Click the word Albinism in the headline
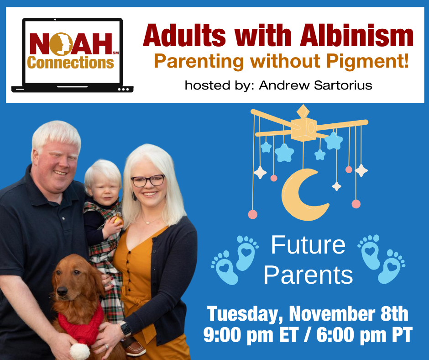[357, 36]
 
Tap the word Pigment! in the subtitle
[368, 62]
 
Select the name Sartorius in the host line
[343, 85]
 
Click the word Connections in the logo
[71, 63]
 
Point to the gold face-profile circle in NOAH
[61, 44]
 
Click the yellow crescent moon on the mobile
[303, 194]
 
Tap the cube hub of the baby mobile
[303, 129]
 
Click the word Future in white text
[308, 245]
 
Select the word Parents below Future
[308, 275]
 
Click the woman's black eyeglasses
[148, 181]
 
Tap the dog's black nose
[62, 291]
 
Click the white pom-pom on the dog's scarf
[79, 351]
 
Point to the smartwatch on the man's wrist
[126, 329]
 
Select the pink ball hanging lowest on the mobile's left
[252, 214]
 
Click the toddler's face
[104, 190]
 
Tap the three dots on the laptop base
[123, 90]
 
